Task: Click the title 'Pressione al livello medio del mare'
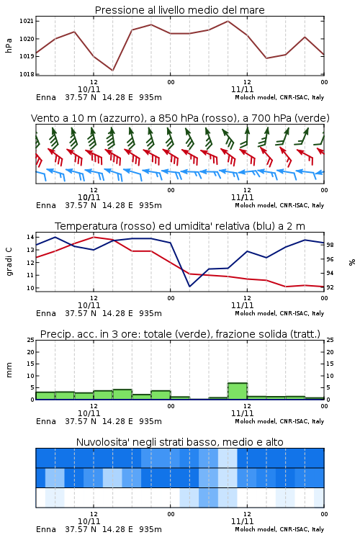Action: [x=179, y=10]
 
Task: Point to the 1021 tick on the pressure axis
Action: [x=27, y=21]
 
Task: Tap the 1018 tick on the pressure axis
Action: [x=27, y=74]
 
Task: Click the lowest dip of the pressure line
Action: [x=112, y=71]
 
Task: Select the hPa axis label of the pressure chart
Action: [x=9, y=45]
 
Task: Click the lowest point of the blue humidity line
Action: [x=189, y=286]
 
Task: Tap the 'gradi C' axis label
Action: [x=9, y=262]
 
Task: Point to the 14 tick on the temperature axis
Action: [x=30, y=237]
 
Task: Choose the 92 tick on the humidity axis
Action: [x=330, y=287]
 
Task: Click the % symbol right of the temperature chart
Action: [x=352, y=262]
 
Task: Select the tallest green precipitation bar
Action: [x=238, y=391]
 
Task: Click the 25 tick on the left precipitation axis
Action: [x=31, y=340]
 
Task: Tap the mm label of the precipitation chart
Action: [x=9, y=370]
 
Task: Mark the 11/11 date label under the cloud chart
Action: [x=242, y=521]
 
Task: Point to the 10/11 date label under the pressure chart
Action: [x=89, y=89]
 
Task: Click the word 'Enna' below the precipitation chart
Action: [x=46, y=421]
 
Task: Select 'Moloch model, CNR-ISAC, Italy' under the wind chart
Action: [x=279, y=205]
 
